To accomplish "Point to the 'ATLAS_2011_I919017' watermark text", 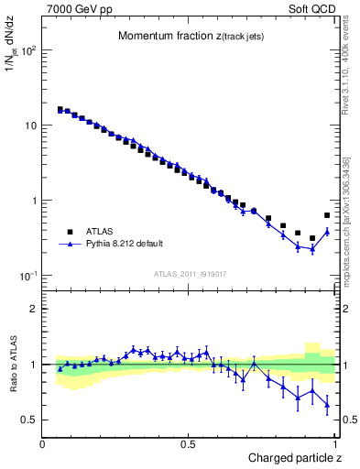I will [x=190, y=272].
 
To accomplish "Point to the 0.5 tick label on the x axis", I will [x=189, y=444].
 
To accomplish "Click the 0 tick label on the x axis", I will [x=43, y=444].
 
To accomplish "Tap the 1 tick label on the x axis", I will [x=335, y=444].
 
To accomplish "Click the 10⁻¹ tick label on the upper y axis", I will [x=28, y=276].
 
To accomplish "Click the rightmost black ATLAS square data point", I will [x=327, y=215].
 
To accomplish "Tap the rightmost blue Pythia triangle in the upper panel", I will [x=327, y=232].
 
